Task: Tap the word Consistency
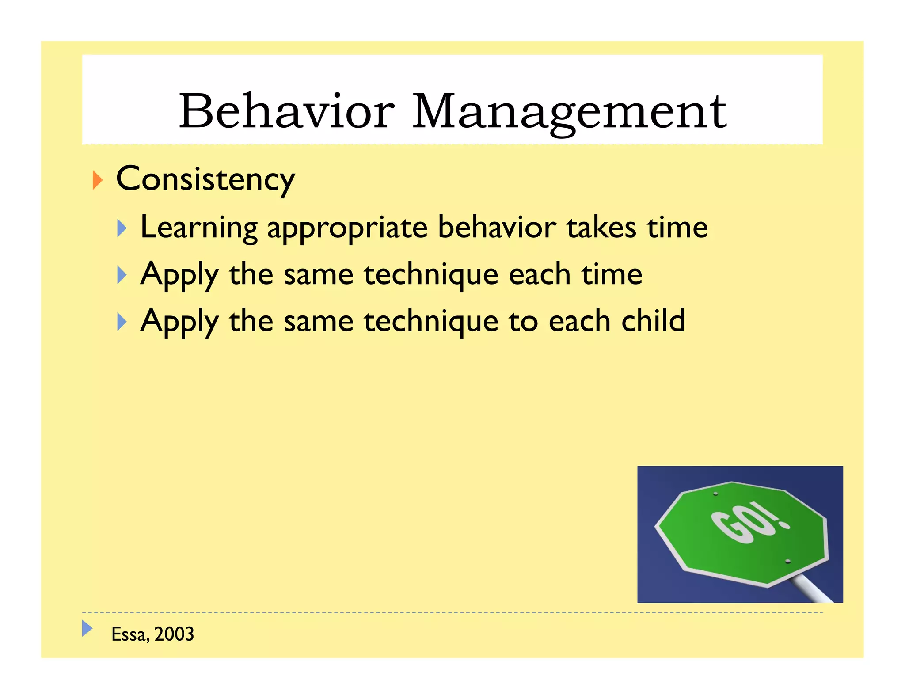point(205,179)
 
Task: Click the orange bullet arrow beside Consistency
point(98,180)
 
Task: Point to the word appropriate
point(347,228)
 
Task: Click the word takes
point(601,227)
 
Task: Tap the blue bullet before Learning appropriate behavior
point(122,228)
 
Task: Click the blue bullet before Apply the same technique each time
point(122,275)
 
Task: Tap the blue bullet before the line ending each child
point(122,322)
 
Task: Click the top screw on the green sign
point(715,494)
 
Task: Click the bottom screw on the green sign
point(787,561)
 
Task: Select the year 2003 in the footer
point(174,634)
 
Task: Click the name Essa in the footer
point(129,634)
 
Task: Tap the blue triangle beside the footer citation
point(87,628)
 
